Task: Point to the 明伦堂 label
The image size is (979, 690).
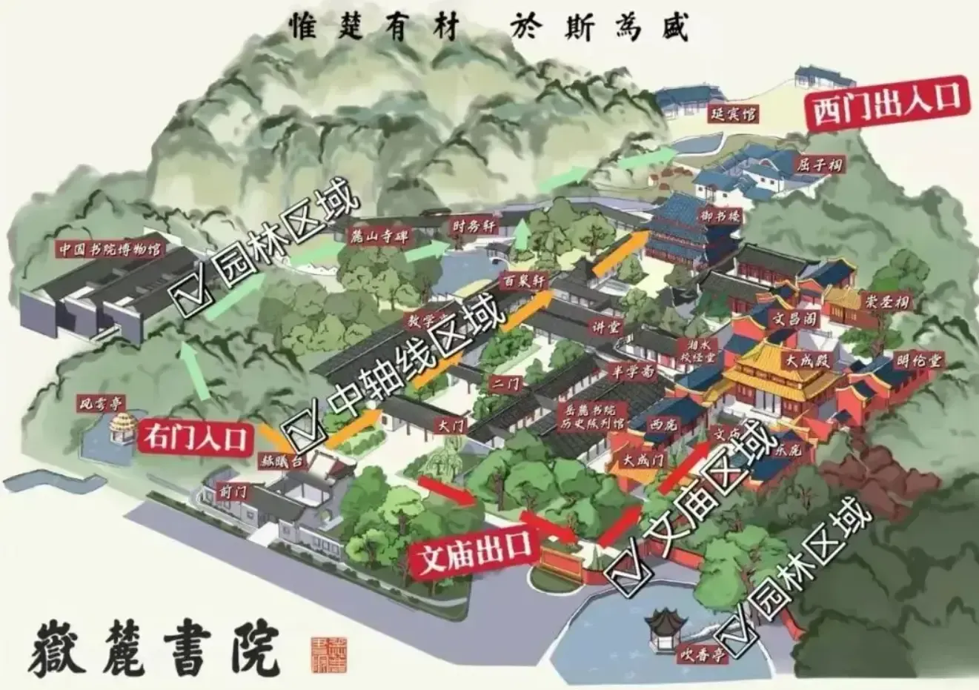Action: pos(918,360)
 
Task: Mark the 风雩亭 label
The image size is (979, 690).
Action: pos(102,404)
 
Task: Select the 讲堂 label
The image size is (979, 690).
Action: pos(607,327)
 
